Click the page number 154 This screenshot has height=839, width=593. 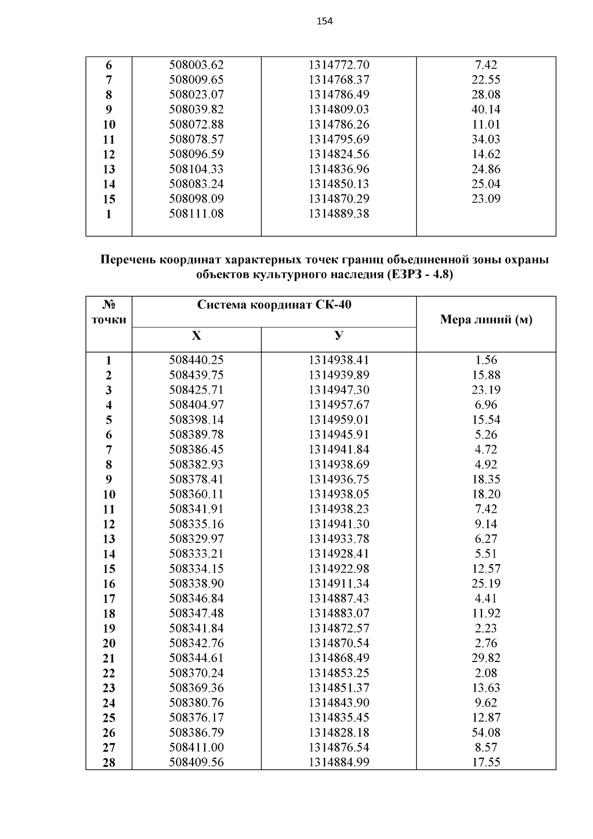(x=324, y=21)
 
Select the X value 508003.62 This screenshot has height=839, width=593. (x=196, y=65)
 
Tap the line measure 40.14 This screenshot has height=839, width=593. (x=486, y=109)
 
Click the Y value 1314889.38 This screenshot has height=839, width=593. (x=339, y=214)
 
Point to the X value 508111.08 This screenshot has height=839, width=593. (x=196, y=214)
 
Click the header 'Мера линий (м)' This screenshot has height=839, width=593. (x=486, y=320)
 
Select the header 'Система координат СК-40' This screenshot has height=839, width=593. (x=274, y=305)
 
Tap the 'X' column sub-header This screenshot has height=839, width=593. (x=196, y=336)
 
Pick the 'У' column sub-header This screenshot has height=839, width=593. (x=339, y=336)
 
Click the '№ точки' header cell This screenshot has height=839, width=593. (x=109, y=312)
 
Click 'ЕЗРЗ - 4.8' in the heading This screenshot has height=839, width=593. (x=419, y=274)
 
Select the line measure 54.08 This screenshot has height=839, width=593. (x=486, y=732)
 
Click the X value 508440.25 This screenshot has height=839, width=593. (x=196, y=360)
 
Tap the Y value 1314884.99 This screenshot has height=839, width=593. (x=339, y=762)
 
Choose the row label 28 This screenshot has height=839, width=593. (x=109, y=762)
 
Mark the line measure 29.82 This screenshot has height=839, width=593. (x=486, y=658)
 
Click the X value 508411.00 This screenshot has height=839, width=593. (x=196, y=747)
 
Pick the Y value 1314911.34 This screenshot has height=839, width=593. (x=339, y=583)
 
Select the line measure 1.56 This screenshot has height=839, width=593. (x=486, y=360)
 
